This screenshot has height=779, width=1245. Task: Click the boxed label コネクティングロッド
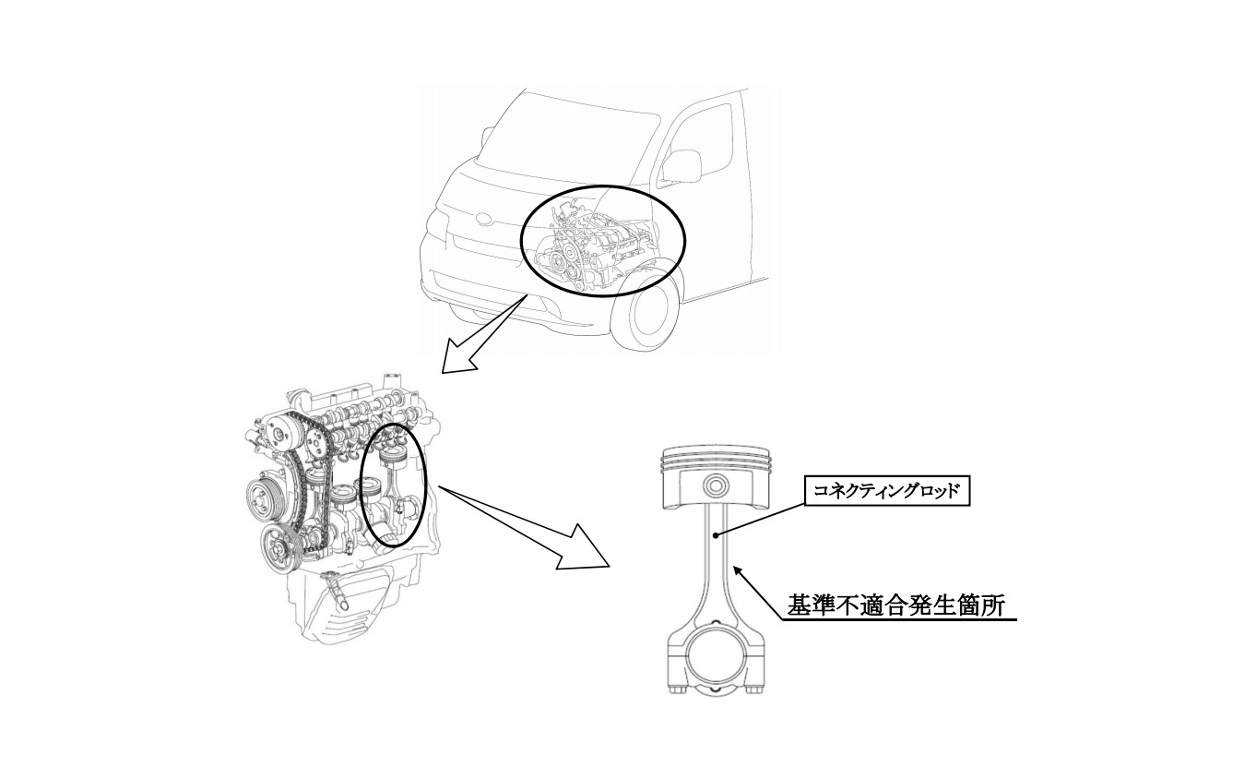click(x=887, y=490)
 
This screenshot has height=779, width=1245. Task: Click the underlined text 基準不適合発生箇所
click(x=897, y=605)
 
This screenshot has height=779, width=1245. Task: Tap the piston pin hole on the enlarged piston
click(x=715, y=486)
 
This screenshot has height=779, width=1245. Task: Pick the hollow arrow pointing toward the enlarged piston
click(x=526, y=528)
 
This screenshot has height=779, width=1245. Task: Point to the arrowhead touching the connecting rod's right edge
click(x=740, y=571)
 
